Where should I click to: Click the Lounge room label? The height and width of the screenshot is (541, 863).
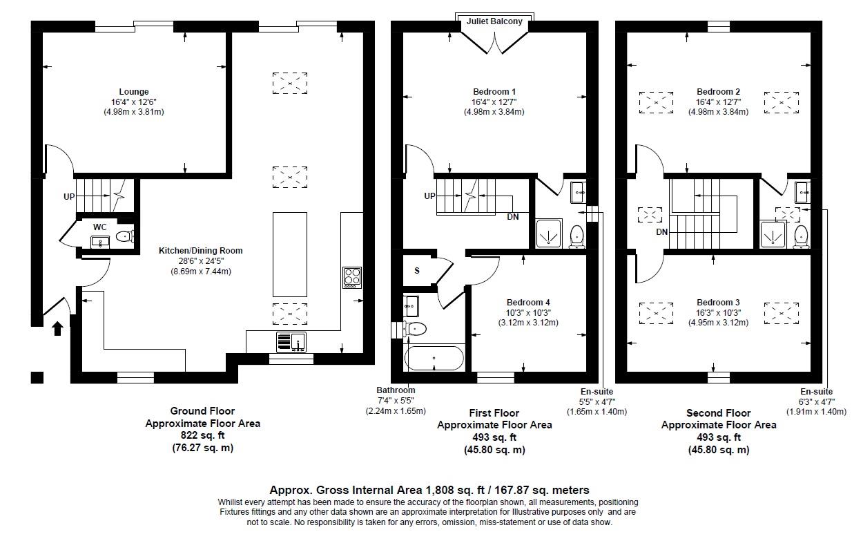133,92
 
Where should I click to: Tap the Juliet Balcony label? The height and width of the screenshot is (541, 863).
494,22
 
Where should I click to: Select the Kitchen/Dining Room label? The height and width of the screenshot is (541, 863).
200,251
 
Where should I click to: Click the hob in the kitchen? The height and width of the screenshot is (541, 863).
352,277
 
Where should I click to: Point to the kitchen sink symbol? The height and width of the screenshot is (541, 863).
291,342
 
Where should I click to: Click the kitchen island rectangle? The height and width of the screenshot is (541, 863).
290,254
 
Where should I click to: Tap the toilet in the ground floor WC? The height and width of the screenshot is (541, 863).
124,237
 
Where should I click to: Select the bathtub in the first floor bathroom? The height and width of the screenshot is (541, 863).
433,359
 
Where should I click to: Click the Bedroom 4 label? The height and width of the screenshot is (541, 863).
528,303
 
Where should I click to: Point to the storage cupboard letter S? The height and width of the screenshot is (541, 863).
416,270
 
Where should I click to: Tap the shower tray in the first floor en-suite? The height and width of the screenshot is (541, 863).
550,234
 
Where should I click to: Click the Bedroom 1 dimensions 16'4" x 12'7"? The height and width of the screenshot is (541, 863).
494,102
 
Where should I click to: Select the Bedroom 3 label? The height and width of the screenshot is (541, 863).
718,303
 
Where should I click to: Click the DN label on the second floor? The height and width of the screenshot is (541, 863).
661,232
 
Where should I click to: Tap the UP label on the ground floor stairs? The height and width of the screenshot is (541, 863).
69,197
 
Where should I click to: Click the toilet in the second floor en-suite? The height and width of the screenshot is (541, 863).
801,235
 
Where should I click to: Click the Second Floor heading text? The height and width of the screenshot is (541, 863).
718,413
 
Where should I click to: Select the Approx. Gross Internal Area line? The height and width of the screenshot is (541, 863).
429,490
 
